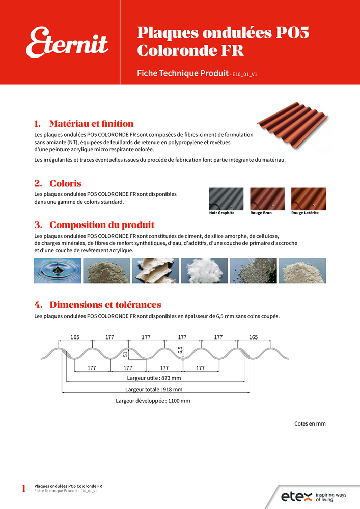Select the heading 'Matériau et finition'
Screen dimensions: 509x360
coord(91,124)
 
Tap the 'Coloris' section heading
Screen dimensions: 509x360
coord(65,183)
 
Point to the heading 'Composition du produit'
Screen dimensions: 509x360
coord(101,225)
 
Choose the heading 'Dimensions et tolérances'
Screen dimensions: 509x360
coord(105,305)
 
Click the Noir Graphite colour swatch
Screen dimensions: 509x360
coord(226,199)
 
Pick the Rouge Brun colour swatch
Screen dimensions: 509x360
coord(267,199)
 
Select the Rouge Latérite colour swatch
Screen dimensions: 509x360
coord(308,199)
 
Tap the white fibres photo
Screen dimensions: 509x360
coord(204,270)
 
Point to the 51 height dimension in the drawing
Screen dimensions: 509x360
coord(125,355)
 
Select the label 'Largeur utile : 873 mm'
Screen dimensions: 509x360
coord(154,378)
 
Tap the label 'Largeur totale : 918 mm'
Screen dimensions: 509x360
coord(154,389)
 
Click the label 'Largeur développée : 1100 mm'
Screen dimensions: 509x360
coord(153,401)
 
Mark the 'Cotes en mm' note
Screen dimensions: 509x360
coord(310,423)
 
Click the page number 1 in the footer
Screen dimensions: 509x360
coord(23,489)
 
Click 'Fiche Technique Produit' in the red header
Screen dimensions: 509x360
coord(182,73)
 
